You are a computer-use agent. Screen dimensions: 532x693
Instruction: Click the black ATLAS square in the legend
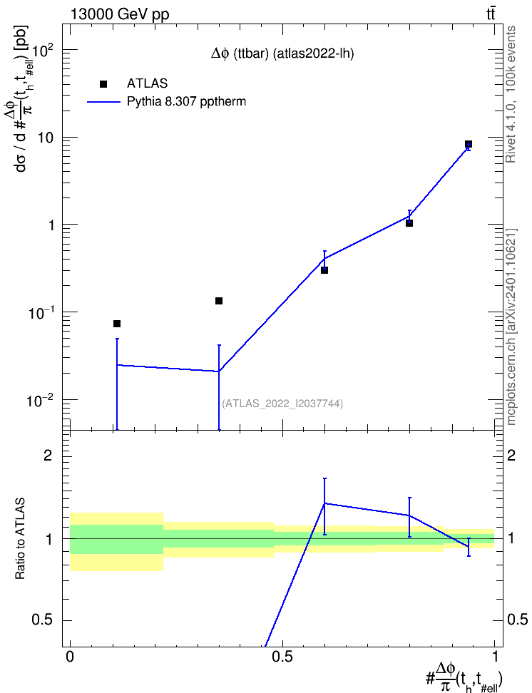click(x=103, y=84)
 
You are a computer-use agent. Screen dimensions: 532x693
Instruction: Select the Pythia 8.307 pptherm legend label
click(x=186, y=102)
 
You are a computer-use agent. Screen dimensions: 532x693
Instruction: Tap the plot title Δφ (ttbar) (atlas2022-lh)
click(x=282, y=54)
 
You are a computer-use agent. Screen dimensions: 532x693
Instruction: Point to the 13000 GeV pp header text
click(x=119, y=14)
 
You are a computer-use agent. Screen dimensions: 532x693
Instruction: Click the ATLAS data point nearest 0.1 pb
click(x=218, y=301)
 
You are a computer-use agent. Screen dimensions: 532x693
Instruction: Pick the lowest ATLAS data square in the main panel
click(x=117, y=324)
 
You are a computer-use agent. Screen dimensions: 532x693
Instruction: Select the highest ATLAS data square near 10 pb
click(x=469, y=144)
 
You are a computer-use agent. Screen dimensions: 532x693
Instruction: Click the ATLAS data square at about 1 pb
click(x=409, y=223)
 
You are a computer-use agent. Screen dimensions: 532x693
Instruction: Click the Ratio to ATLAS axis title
click(x=21, y=539)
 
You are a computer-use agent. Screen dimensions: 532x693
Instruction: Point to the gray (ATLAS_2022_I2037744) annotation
click(x=282, y=404)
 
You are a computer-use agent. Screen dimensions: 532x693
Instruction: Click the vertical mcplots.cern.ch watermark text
click(x=511, y=327)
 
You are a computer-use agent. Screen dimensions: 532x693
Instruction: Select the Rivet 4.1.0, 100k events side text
click(x=511, y=95)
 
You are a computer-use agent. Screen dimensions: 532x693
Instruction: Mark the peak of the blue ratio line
click(x=324, y=503)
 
